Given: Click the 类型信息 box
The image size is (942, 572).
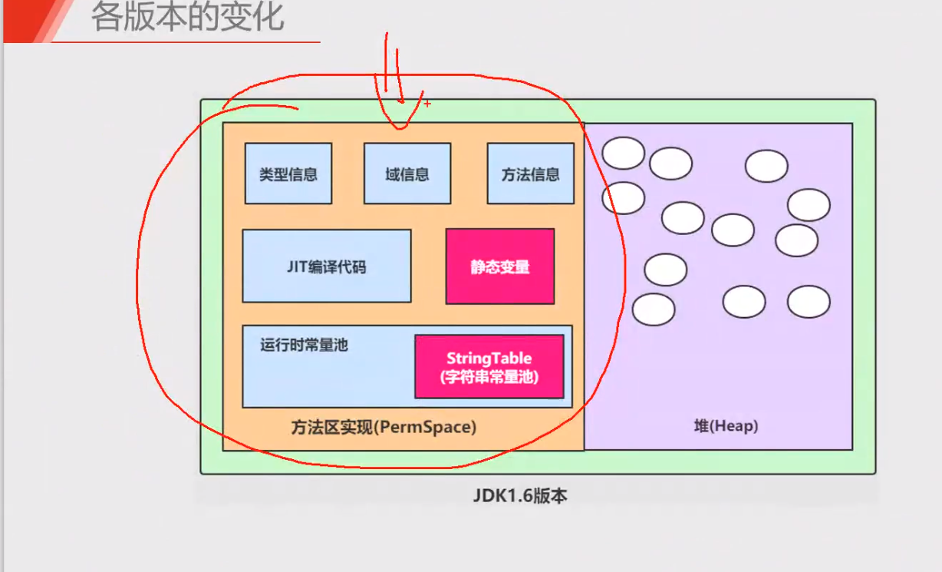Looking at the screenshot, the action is point(288,174).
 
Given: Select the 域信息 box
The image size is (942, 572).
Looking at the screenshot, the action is point(407,174).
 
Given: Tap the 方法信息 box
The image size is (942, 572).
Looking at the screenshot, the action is point(531,174).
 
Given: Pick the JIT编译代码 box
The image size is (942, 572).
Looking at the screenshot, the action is point(327,266).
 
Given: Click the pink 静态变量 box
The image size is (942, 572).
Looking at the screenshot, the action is point(500,266).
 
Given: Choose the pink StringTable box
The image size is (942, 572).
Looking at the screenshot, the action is point(489,367).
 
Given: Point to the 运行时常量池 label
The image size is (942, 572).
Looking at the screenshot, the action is point(304,346).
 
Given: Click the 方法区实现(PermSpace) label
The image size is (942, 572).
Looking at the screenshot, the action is point(384,428).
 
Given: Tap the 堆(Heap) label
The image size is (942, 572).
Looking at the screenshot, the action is point(726,426).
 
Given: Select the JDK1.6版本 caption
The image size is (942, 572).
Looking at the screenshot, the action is point(520,495).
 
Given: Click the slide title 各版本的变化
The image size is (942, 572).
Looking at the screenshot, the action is point(188,17).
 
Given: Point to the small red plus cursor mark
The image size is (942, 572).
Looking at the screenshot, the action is point(427,104).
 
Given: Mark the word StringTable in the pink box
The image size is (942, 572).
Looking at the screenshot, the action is point(489,358).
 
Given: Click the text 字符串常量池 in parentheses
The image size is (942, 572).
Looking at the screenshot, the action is point(489,377).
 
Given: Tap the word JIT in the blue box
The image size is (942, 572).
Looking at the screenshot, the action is point(298,267).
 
